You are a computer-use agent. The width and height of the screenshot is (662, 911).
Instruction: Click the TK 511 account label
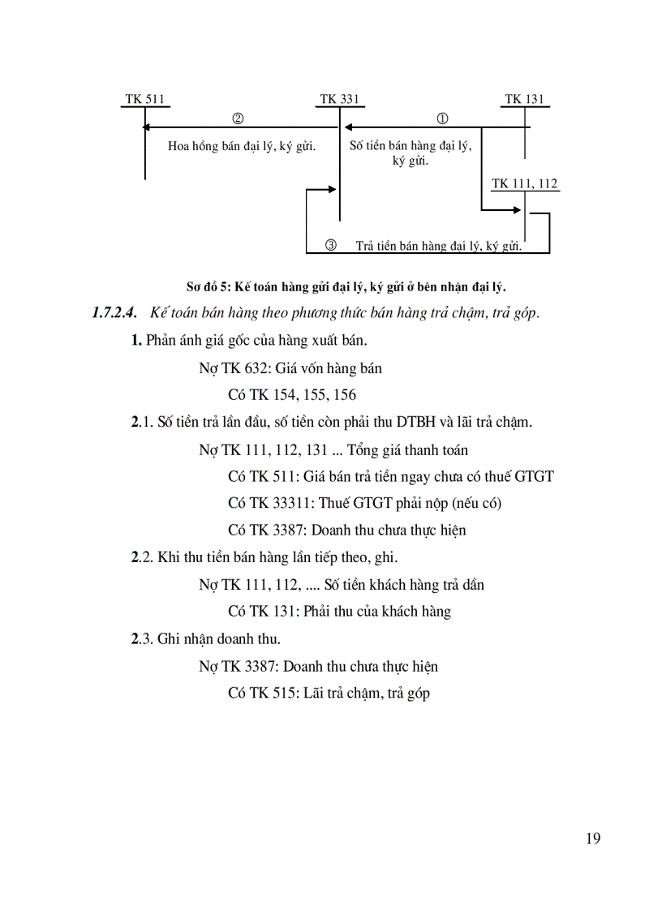click(145, 100)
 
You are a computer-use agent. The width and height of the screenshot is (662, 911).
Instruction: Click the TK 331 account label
click(339, 100)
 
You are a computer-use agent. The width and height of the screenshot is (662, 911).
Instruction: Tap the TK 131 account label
click(524, 100)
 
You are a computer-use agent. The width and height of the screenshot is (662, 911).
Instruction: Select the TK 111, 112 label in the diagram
click(525, 184)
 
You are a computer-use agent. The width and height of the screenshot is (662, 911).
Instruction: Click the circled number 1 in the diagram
click(443, 118)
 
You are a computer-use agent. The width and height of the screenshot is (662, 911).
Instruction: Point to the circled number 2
click(238, 118)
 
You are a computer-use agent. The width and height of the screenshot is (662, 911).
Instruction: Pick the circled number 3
click(330, 245)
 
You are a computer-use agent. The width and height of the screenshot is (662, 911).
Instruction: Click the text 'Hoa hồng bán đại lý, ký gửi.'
click(242, 147)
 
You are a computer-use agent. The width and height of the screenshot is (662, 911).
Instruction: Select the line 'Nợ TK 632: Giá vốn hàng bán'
click(290, 368)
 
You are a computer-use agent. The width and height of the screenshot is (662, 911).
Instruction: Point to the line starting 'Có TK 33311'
click(364, 503)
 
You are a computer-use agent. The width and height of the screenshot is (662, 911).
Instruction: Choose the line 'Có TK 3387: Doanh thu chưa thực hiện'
click(346, 531)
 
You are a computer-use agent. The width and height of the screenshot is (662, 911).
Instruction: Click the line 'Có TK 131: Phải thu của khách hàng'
click(339, 612)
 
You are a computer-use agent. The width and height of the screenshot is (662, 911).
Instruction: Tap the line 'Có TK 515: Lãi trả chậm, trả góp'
click(329, 693)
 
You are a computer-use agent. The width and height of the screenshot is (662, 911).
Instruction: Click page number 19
click(592, 839)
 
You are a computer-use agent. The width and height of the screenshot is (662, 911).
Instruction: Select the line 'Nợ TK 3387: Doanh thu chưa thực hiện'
click(318, 666)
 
